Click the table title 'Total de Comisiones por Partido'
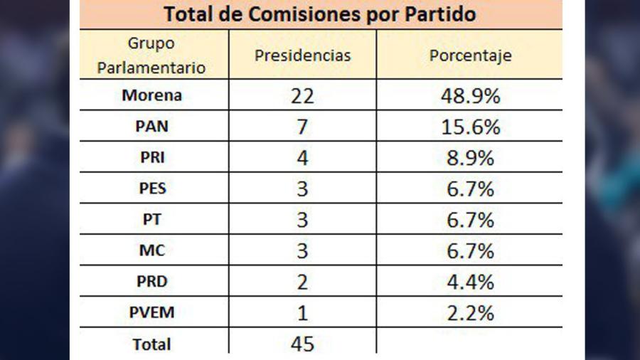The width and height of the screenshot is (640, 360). click(320, 14)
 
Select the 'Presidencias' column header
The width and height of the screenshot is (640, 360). click(303, 55)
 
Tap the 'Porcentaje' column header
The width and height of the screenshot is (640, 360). click(470, 55)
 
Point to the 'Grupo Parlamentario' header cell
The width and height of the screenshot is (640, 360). click(151, 55)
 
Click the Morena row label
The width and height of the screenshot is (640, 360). click(151, 95)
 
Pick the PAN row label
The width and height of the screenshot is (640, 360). click(151, 127)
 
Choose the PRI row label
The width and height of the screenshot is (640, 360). click(151, 158)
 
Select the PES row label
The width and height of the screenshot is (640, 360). click(151, 189)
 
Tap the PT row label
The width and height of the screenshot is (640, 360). click(151, 220)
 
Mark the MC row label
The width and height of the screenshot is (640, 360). click(151, 251)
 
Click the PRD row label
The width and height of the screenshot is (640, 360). click(151, 282)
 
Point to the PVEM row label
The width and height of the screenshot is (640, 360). click(151, 313)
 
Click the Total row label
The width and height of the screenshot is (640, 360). click(151, 344)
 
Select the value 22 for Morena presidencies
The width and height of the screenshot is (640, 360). click(302, 95)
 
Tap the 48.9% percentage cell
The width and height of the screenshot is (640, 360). click(470, 95)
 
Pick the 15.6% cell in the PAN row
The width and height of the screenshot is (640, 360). click(470, 127)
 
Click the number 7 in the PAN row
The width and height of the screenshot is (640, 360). click(302, 127)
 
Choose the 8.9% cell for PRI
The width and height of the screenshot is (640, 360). click(470, 158)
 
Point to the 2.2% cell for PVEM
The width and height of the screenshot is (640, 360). click(470, 313)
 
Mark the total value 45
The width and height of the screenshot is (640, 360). click(302, 344)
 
